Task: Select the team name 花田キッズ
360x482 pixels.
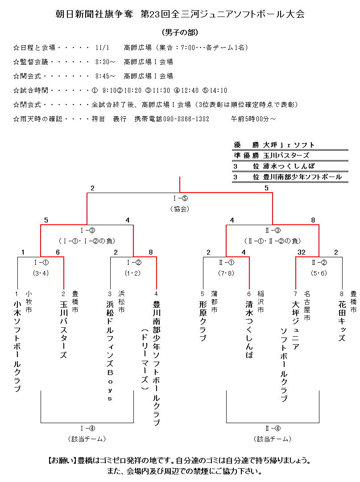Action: pos(342,321)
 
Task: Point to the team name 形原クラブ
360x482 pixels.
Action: pos(203,321)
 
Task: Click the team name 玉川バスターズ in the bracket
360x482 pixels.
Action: pos(64,330)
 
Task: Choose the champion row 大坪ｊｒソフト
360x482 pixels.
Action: pos(289,145)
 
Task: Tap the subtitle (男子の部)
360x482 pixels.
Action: pos(180,33)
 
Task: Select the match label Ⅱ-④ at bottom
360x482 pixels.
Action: pos(273,428)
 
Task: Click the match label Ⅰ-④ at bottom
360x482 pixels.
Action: pos(87,428)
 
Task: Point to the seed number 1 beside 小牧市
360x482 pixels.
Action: pos(17,294)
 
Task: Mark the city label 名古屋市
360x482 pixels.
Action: pos(307,305)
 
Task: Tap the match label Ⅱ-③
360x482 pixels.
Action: pos(273,231)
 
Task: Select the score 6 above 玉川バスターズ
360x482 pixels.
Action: pos(58,252)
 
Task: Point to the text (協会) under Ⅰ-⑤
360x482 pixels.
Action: pos(180,209)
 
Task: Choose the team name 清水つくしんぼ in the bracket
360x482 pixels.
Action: pos(249,330)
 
